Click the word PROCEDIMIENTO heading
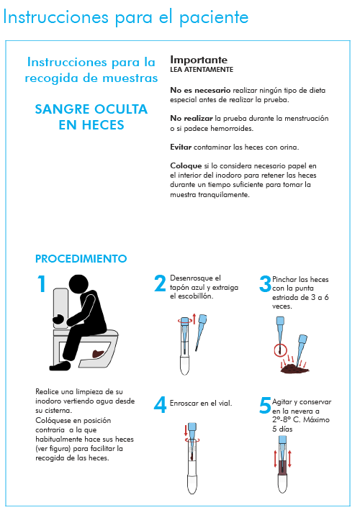point(81,258)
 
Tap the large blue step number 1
point(42,283)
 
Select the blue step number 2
point(160,283)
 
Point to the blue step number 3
point(265,283)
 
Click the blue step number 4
point(160,405)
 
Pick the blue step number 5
point(265,405)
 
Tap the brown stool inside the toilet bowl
point(98,353)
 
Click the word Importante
point(199,60)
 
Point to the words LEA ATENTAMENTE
point(202,70)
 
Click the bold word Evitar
point(181,147)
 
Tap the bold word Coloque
point(186,166)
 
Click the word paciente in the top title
point(214,17)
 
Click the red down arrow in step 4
point(186,429)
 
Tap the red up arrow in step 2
point(194,319)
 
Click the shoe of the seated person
point(60,366)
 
